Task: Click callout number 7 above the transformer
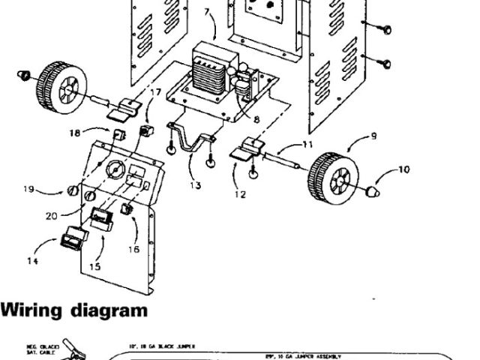206,11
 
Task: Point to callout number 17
155,92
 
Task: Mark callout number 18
75,132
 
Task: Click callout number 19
28,190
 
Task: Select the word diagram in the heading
109,310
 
